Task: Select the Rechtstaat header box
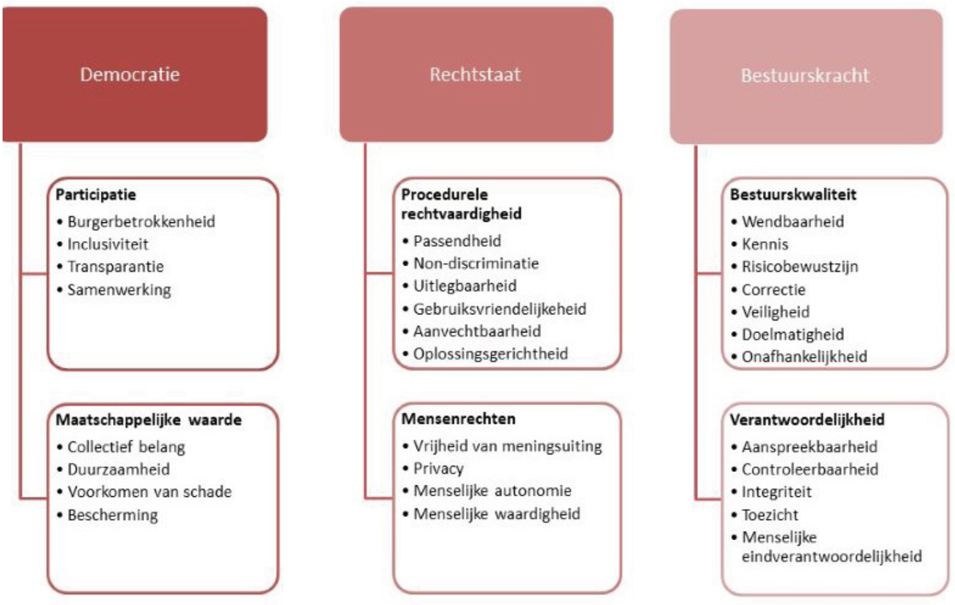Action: click(x=476, y=75)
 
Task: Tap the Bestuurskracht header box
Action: click(x=805, y=76)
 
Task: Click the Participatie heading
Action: click(x=96, y=194)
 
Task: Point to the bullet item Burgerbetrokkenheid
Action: click(x=141, y=222)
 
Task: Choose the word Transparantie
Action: click(x=115, y=267)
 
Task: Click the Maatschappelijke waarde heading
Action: click(x=148, y=420)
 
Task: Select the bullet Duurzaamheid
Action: click(x=118, y=469)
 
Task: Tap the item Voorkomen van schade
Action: click(x=149, y=492)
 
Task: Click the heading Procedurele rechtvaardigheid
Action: click(x=461, y=204)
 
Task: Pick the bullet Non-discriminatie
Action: click(x=476, y=264)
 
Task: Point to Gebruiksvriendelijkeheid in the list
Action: click(x=499, y=309)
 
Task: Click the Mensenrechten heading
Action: click(x=458, y=419)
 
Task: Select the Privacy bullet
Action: click(x=438, y=469)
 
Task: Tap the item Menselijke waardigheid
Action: click(x=496, y=514)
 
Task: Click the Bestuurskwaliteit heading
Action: click(x=792, y=194)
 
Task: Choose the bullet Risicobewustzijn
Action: click(x=799, y=267)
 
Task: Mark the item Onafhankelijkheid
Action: click(x=804, y=357)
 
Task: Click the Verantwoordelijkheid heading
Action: click(x=807, y=420)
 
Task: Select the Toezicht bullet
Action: click(x=770, y=515)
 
